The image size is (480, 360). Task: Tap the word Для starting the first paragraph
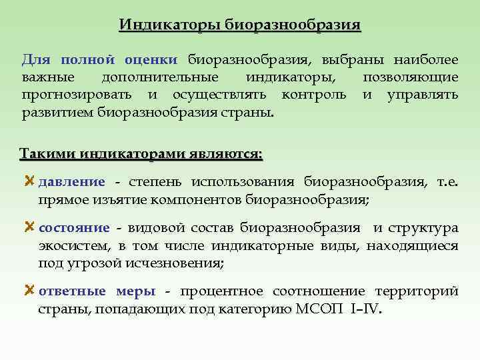[x=35, y=60]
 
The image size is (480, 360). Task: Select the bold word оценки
[x=151, y=60]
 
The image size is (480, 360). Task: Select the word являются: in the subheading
[x=223, y=154]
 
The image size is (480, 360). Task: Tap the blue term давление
[x=72, y=182]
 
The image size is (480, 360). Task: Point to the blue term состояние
[x=75, y=229]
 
